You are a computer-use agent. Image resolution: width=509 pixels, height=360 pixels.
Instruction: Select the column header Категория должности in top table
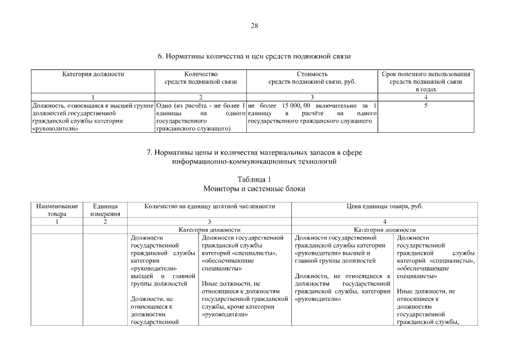pyautogui.click(x=93, y=74)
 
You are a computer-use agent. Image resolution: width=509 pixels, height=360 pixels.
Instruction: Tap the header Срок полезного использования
pyautogui.click(x=426, y=74)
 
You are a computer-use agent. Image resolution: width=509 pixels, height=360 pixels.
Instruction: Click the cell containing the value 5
pyautogui.click(x=426, y=105)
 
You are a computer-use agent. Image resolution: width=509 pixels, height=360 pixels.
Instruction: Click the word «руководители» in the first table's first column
pyautogui.click(x=56, y=129)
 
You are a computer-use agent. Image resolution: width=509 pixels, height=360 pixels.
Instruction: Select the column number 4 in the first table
pyautogui.click(x=426, y=97)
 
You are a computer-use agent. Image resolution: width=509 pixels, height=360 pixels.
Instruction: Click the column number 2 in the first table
pyautogui.click(x=201, y=97)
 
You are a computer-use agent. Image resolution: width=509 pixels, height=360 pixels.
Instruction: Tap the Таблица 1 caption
pyautogui.click(x=254, y=179)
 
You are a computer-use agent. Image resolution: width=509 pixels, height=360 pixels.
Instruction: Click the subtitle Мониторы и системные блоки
pyautogui.click(x=254, y=189)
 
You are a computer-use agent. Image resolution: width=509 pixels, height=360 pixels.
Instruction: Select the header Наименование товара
pyautogui.click(x=57, y=210)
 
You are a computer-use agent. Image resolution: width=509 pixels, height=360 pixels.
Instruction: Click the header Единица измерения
pyautogui.click(x=105, y=210)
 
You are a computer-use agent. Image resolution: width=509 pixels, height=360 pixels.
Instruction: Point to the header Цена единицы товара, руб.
pyautogui.click(x=384, y=206)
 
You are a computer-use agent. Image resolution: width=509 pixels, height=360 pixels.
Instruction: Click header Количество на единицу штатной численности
pyautogui.click(x=209, y=206)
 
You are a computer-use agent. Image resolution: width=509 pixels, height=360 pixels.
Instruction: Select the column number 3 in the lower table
pyautogui.click(x=209, y=222)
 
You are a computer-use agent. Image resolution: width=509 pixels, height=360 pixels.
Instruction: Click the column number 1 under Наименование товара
pyautogui.click(x=57, y=222)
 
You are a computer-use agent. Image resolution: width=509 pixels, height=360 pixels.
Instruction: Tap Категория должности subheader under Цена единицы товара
pyautogui.click(x=384, y=229)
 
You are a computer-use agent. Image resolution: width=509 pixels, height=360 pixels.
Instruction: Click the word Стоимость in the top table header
pyautogui.click(x=312, y=74)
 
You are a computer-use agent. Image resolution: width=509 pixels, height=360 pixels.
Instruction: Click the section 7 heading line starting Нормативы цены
pyautogui.click(x=254, y=152)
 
